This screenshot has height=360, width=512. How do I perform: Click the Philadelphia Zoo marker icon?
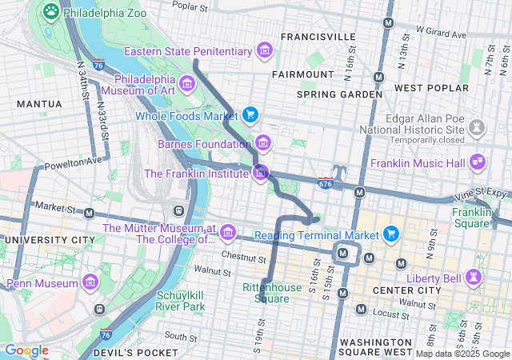point(51,11)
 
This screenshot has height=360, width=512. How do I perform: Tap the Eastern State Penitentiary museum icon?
point(263,52)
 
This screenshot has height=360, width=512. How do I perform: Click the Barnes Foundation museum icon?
point(263,144)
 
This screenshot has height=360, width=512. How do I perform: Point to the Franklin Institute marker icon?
point(261,172)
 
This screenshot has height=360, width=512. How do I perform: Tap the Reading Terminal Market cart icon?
point(390,234)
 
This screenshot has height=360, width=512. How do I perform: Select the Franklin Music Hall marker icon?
point(478,162)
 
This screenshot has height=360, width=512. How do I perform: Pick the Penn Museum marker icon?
point(89,282)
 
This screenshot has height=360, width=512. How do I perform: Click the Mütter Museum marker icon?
point(227,233)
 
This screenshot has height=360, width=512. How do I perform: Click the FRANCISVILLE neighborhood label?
point(318,37)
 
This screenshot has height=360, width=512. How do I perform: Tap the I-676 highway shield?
point(325,183)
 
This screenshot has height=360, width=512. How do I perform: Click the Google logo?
point(26,350)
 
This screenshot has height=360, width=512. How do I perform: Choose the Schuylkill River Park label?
point(180,300)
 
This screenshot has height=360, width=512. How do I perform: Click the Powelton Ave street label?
point(74,163)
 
